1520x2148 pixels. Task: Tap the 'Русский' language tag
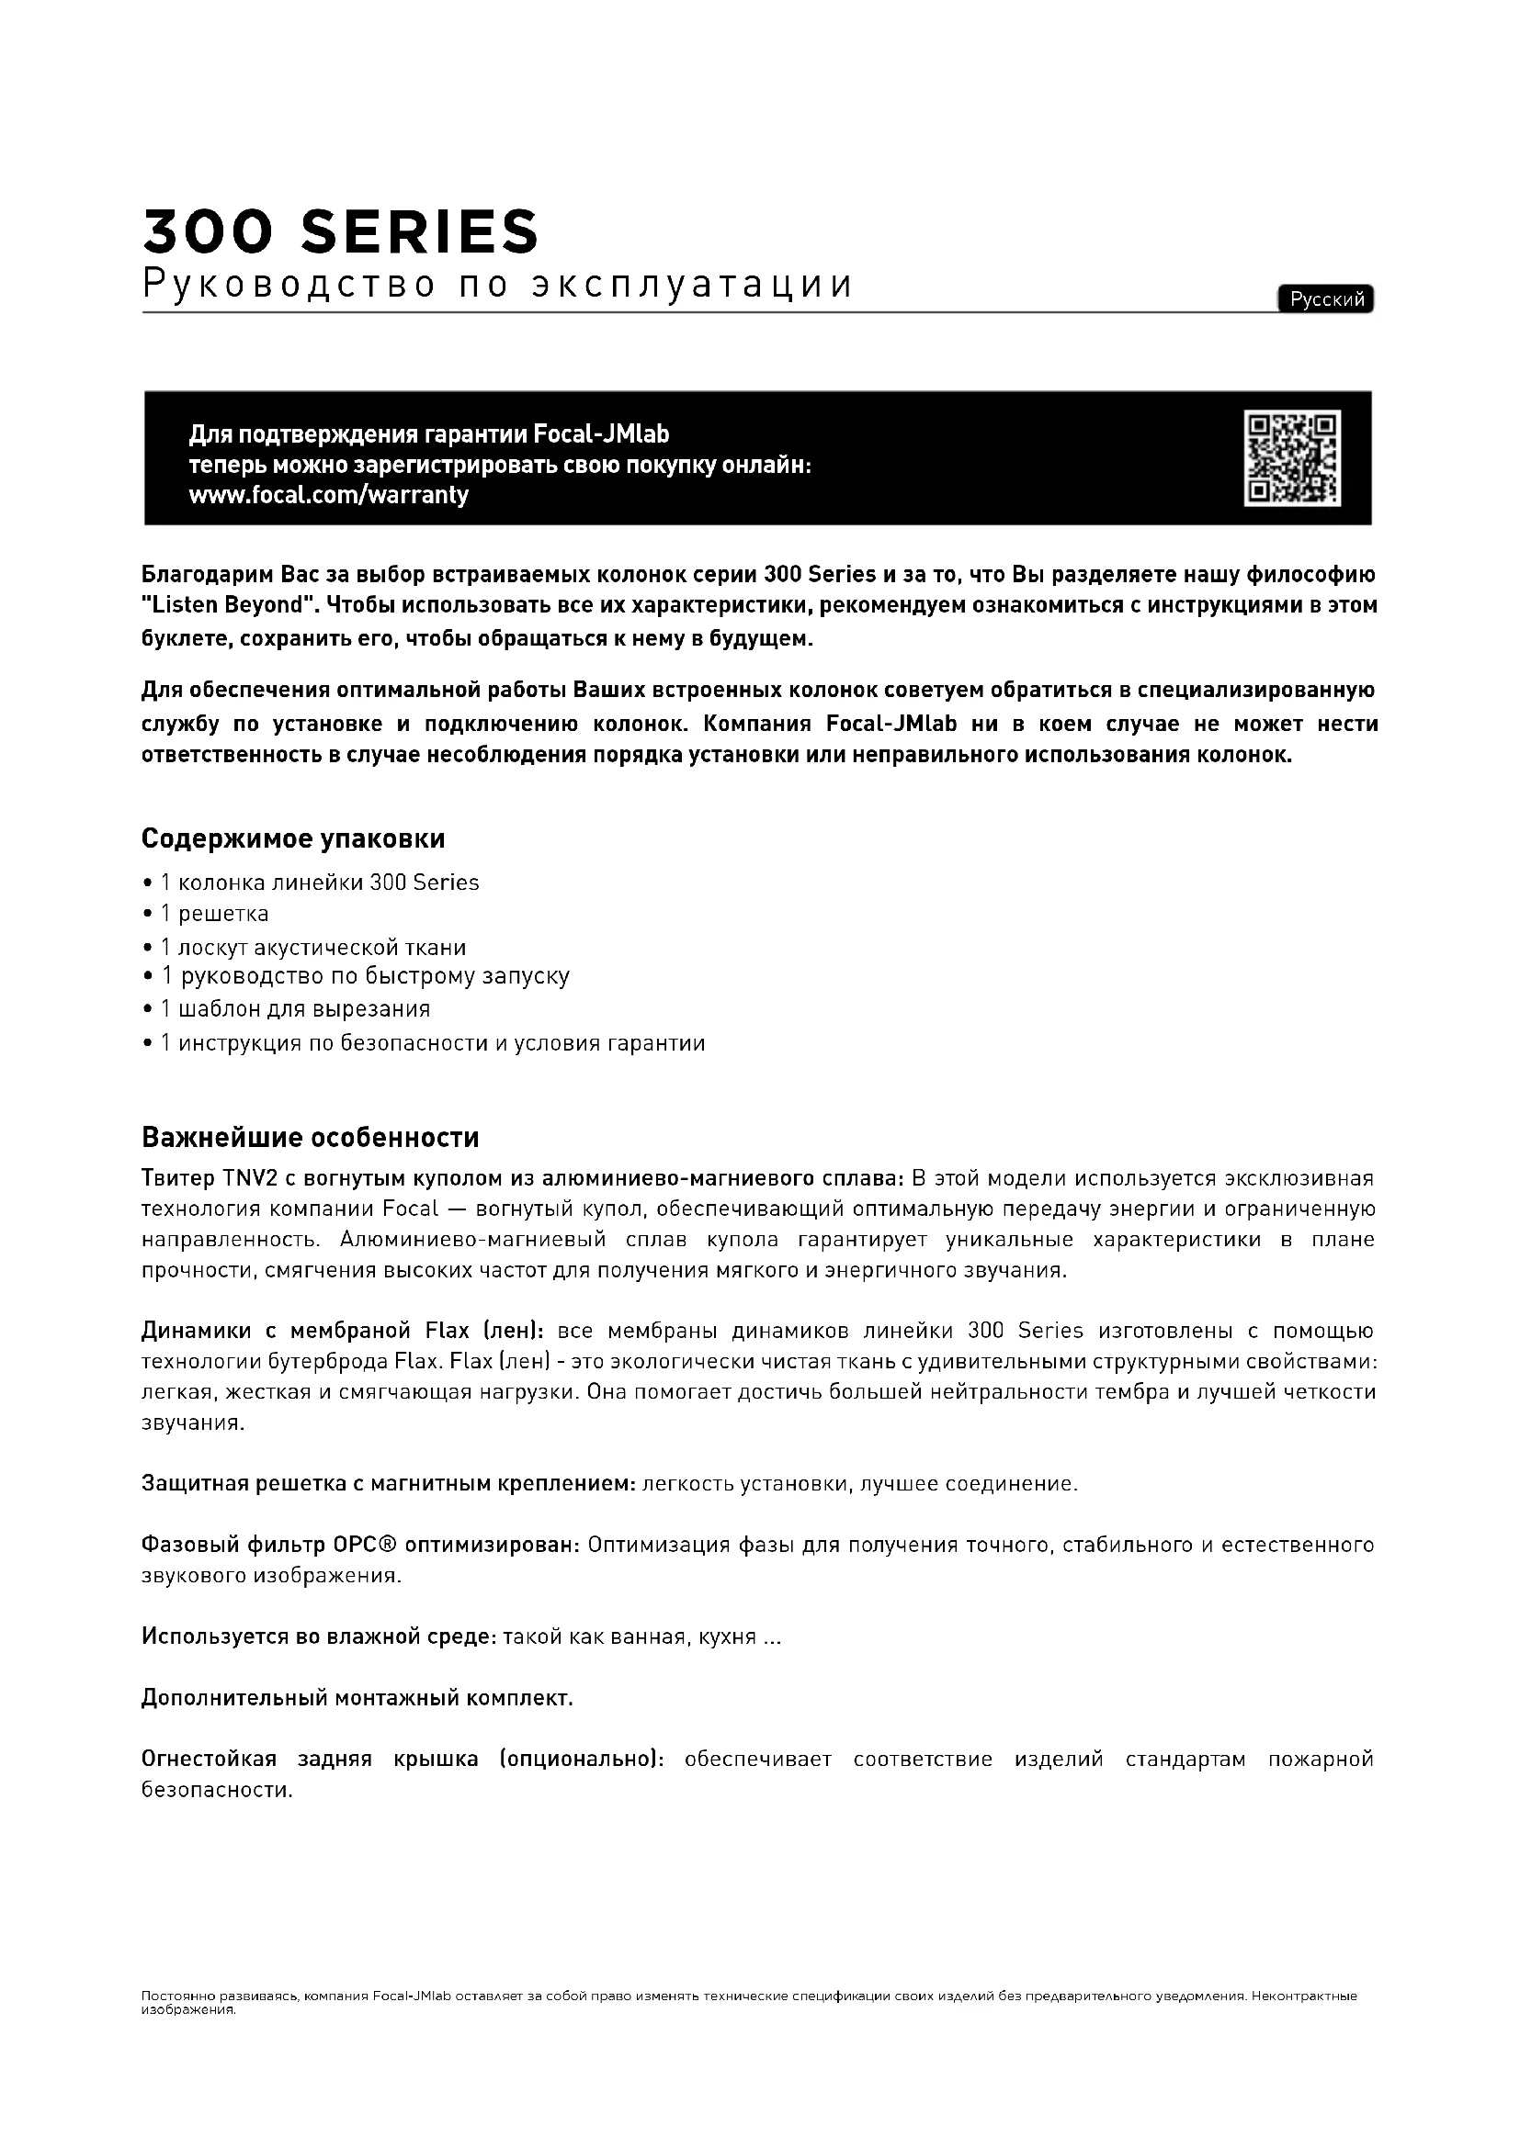1325,299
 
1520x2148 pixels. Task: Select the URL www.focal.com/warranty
328,495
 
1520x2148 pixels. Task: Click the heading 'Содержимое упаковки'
293,839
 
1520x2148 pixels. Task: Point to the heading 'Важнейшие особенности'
310,1138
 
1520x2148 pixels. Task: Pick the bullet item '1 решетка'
214,914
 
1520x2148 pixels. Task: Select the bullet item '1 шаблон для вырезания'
295,1009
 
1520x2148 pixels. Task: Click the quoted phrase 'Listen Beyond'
226,605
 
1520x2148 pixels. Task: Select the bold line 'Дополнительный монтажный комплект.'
357,1698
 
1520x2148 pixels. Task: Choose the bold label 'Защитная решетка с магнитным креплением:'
389,1484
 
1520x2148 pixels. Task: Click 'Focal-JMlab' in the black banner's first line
601,435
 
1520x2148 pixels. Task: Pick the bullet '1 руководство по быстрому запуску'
365,977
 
